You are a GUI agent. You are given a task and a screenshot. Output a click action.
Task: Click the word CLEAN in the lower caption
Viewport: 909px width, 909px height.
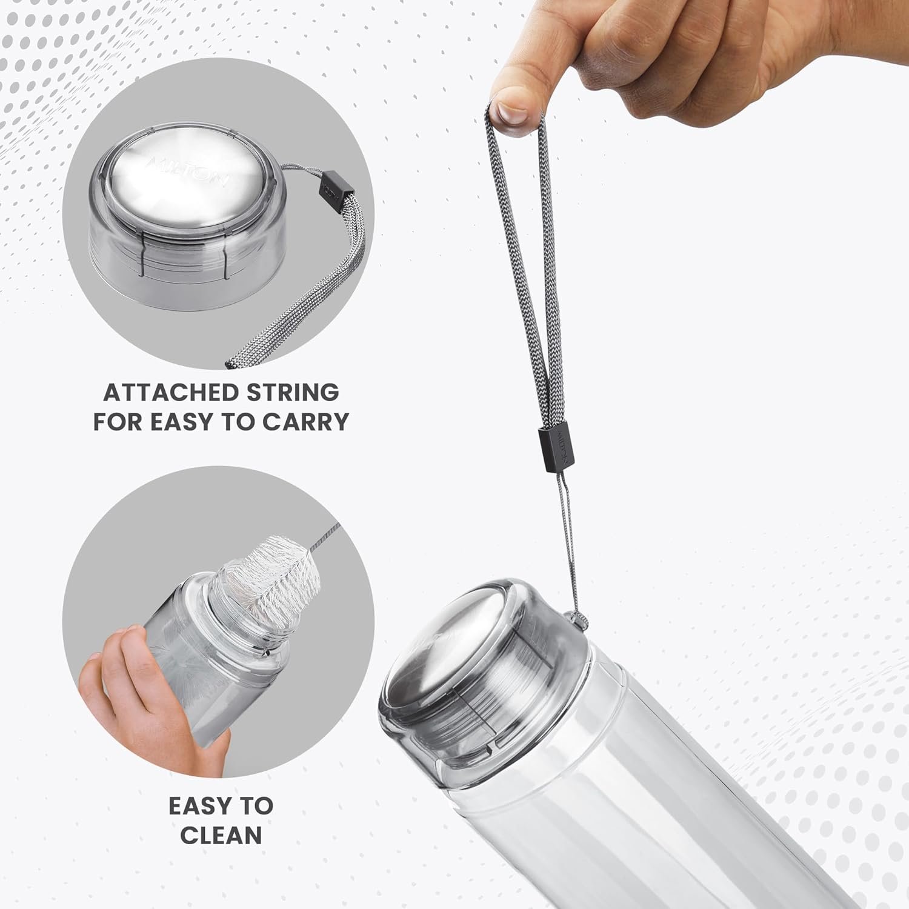pos(221,835)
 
